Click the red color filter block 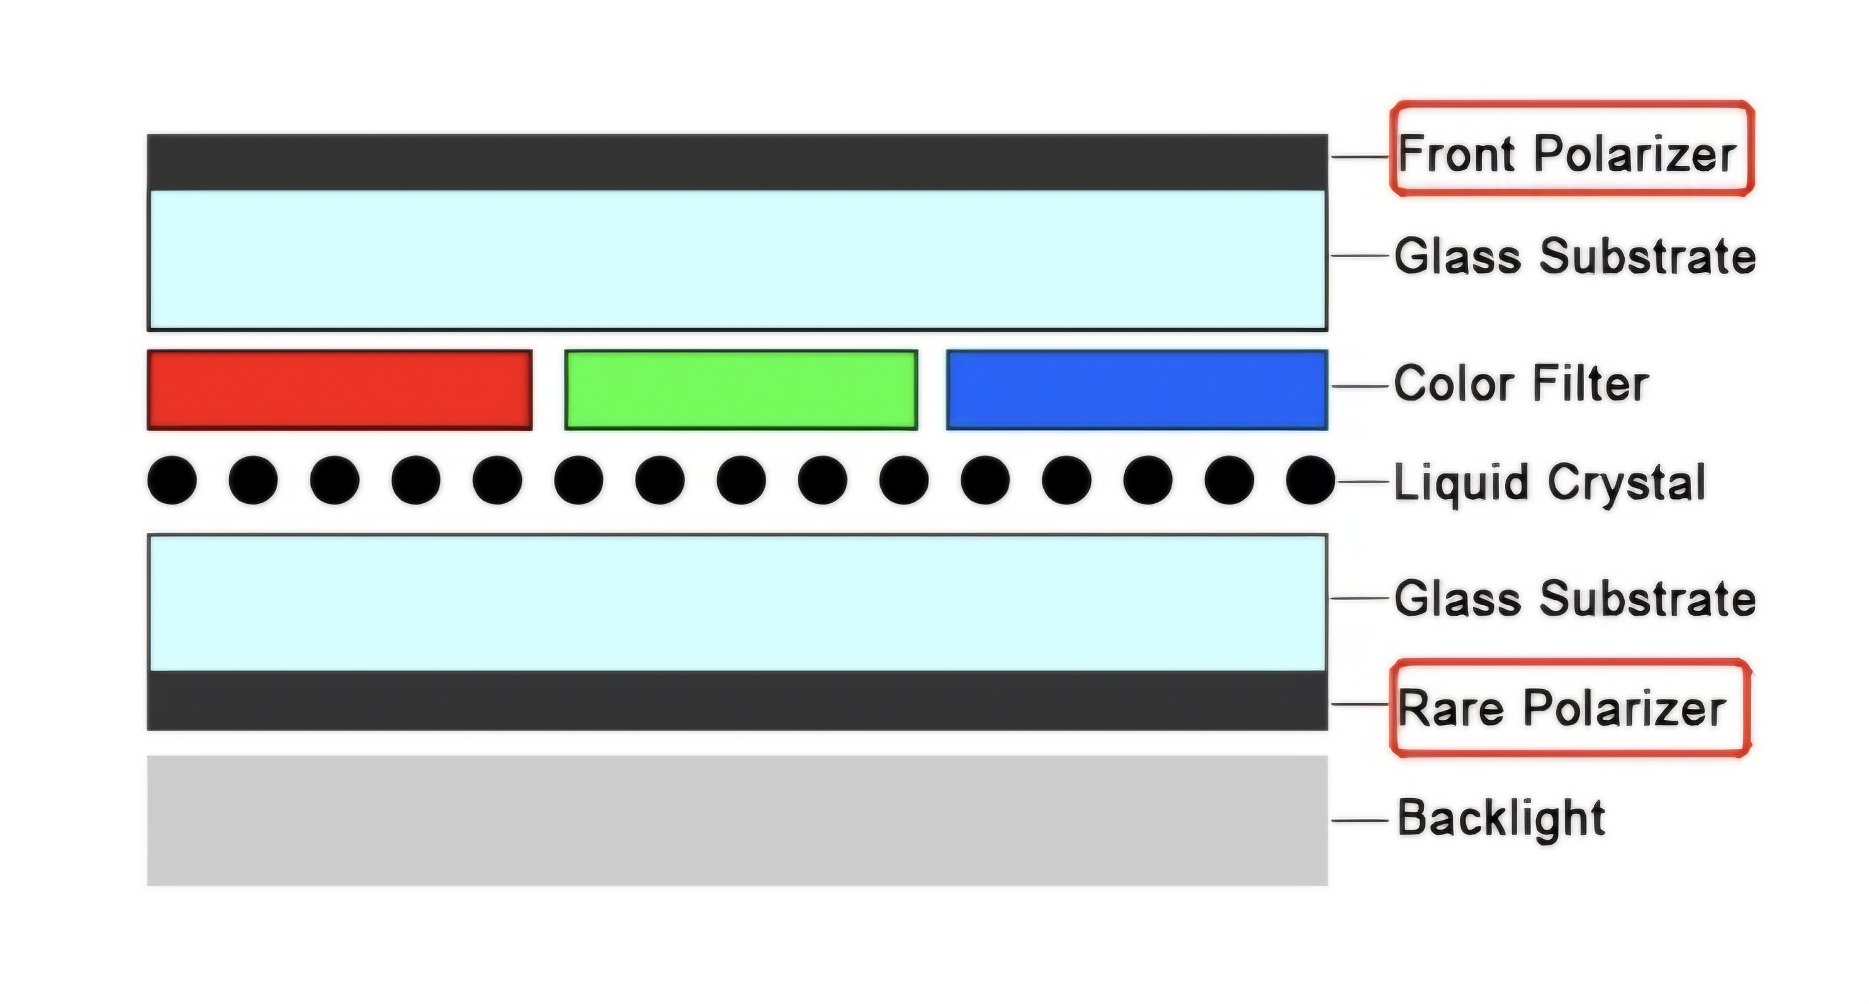coord(340,390)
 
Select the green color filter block coord(741,390)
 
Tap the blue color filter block coord(1137,390)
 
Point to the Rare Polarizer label coord(1562,708)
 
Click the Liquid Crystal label coord(1550,483)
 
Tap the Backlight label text coord(1501,819)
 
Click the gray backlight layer coord(737,820)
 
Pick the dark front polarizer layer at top coord(737,162)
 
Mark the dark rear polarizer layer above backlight coord(737,701)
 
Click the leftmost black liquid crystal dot coord(172,480)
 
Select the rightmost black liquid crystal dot coord(1311,480)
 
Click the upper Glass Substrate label coord(1575,256)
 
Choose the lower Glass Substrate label coord(1575,598)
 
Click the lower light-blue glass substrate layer coord(737,602)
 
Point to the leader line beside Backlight coord(1360,821)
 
